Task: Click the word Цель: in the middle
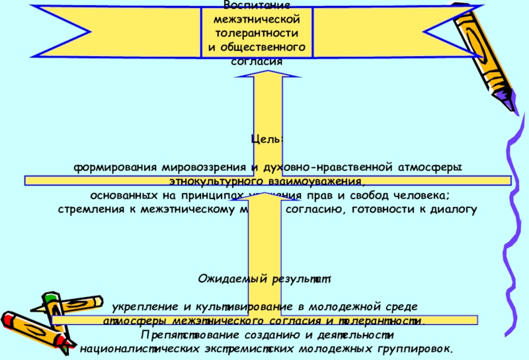[267, 139]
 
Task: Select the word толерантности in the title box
[255, 32]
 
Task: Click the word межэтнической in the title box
[255, 19]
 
